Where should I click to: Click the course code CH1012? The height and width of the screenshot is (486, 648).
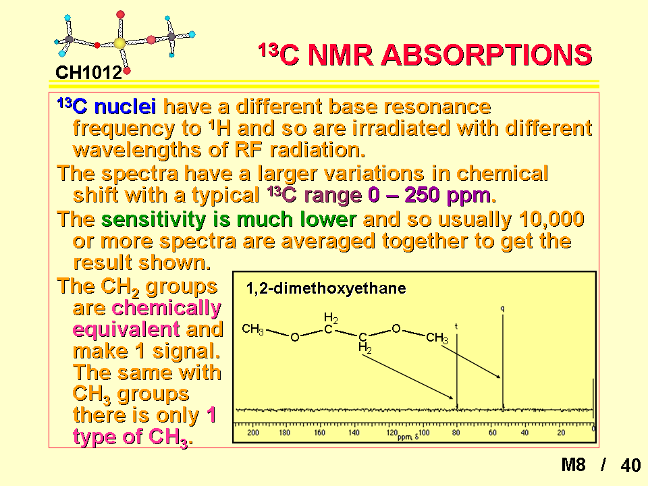pos(89,73)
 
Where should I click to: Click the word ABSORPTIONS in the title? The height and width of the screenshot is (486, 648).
pos(487,55)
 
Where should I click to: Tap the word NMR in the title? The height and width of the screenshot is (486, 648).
pos(340,55)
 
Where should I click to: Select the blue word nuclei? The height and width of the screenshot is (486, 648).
pos(126,107)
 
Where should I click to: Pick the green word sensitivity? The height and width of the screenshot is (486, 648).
pos(153,220)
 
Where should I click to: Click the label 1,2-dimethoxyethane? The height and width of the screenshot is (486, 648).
pos(326,288)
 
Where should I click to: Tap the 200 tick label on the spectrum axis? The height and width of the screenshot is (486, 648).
pos(253,433)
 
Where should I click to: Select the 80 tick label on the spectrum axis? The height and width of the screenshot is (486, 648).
pos(456,433)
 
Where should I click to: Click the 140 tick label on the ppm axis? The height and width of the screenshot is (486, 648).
pos(354,433)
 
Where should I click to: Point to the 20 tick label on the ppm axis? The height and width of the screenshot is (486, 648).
pos(561,433)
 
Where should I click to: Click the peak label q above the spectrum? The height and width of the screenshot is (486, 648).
pos(502,308)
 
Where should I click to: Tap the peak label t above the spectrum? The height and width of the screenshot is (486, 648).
pos(456,326)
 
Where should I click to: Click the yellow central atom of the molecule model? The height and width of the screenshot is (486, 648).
pos(119,43)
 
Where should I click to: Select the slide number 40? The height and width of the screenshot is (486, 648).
pos(630,465)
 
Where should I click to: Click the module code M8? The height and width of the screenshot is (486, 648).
pos(574,465)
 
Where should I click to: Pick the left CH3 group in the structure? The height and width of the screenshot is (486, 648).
pos(253,329)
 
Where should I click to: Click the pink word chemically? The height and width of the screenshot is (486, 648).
pos(167,308)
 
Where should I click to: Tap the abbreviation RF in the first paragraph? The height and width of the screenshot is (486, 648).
pos(250,150)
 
